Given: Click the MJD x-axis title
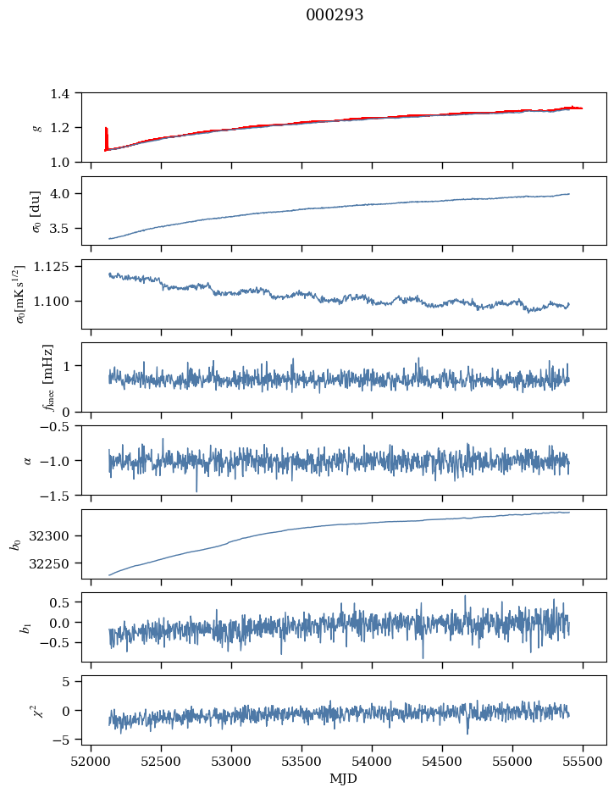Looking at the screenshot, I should pyautogui.click(x=344, y=779).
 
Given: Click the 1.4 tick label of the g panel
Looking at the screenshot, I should pyautogui.click(x=64, y=93).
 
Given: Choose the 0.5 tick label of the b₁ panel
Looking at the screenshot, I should pyautogui.click(x=66, y=602).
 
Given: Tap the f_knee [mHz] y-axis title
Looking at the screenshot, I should pyautogui.click(x=47, y=378).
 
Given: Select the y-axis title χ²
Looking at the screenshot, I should pyautogui.click(x=36, y=710).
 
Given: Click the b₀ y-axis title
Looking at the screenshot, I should pyautogui.click(x=15, y=544).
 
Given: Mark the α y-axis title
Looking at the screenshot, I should pyautogui.click(x=28, y=460).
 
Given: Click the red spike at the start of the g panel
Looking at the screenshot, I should pyautogui.click(x=106, y=136).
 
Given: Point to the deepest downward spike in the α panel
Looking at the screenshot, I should pyautogui.click(x=196, y=490).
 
